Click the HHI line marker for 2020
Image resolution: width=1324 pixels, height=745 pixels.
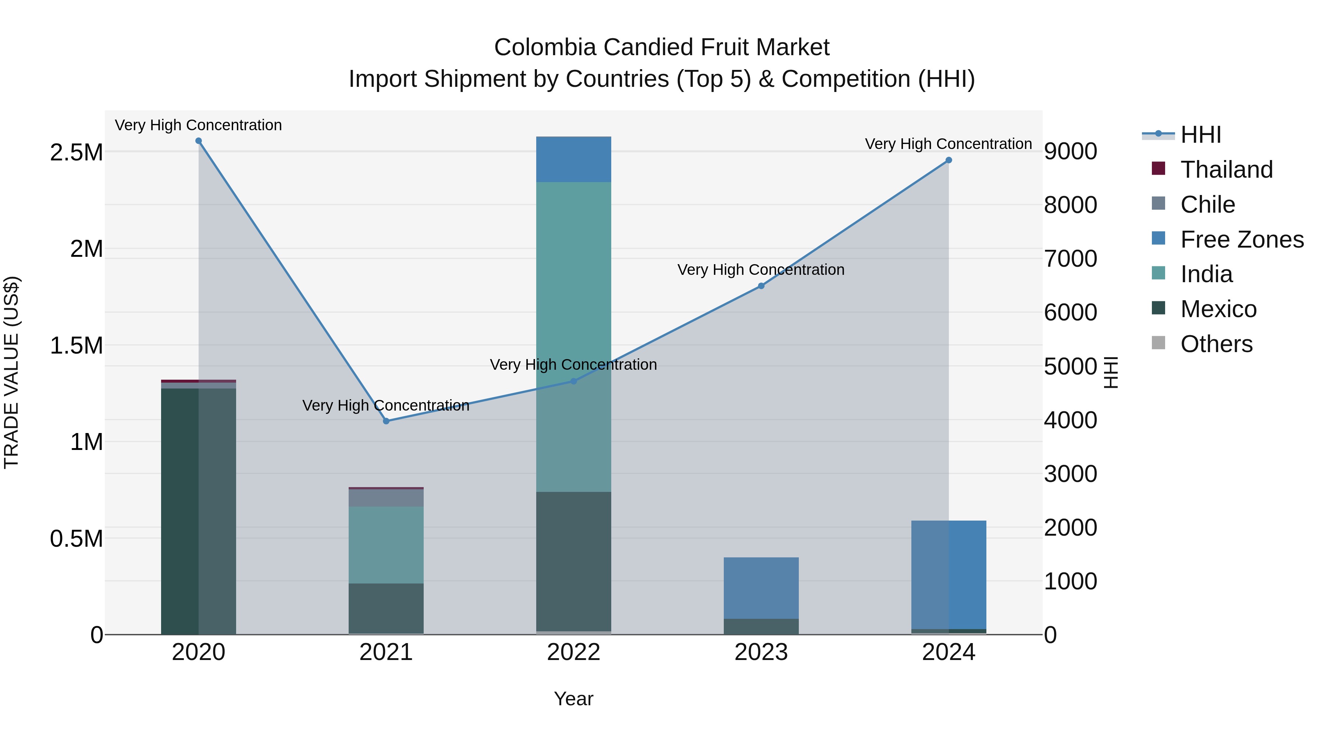pos(198,141)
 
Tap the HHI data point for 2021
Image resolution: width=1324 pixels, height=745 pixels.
pos(386,421)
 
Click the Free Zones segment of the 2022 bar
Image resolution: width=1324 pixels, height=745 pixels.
pos(574,159)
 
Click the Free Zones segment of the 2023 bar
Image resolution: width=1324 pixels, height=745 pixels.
pos(761,588)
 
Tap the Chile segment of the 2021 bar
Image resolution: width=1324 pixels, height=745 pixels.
pos(386,498)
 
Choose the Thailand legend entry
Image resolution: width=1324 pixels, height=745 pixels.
pos(1226,170)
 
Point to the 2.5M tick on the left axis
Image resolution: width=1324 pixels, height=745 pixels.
pos(76,153)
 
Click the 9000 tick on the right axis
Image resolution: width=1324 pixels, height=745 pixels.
pos(1070,152)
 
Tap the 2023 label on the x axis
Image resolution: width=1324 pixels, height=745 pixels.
pos(761,652)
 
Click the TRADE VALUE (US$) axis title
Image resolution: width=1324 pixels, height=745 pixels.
pos(12,372)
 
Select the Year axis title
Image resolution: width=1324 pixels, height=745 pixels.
pos(574,699)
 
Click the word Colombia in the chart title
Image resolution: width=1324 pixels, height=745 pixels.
pos(545,47)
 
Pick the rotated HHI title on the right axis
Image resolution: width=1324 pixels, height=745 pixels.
pos(1111,372)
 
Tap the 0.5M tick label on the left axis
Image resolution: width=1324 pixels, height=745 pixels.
pos(76,539)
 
